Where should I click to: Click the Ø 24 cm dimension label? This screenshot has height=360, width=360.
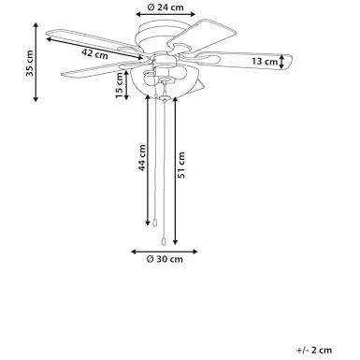pyautogui.click(x=166, y=7)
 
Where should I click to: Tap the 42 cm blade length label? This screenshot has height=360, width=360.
pyautogui.click(x=94, y=53)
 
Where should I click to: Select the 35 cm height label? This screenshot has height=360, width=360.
pyautogui.click(x=30, y=63)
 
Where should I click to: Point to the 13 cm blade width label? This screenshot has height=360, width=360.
pyautogui.click(x=265, y=62)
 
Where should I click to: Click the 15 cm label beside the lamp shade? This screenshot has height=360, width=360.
pyautogui.click(x=120, y=85)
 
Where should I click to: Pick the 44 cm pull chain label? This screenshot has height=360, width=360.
pyautogui.click(x=142, y=157)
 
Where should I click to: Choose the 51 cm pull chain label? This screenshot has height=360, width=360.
pyautogui.click(x=180, y=165)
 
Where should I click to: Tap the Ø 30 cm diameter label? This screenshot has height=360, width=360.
pyautogui.click(x=165, y=259)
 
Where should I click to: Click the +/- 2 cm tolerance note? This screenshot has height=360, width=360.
pyautogui.click(x=314, y=350)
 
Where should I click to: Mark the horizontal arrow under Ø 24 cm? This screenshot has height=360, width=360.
pyautogui.click(x=166, y=14)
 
